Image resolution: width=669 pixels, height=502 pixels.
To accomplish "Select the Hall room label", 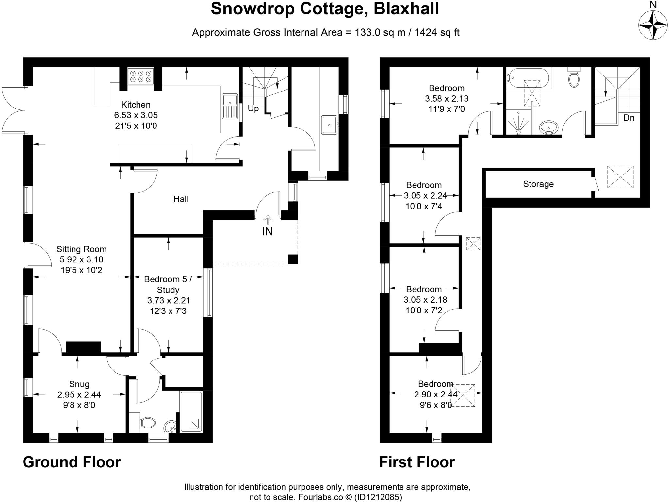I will coord(181,199).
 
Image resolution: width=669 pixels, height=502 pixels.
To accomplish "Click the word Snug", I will coord(79,384).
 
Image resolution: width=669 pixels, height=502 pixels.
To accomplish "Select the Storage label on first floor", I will coord(538,184).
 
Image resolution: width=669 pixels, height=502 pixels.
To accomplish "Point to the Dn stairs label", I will coord(629,118).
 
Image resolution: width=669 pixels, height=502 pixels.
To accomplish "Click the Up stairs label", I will coord(253,109).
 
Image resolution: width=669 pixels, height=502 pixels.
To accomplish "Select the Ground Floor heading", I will coord(72,462).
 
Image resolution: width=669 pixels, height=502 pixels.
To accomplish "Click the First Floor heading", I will coord(417,462).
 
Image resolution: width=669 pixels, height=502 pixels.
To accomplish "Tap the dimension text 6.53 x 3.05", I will coord(136,115).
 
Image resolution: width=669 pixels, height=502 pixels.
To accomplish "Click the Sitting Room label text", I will coord(81,249).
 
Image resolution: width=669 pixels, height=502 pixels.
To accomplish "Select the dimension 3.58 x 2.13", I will coord(447,98).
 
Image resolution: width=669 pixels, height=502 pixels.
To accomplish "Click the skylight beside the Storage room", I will coord(620,177).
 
